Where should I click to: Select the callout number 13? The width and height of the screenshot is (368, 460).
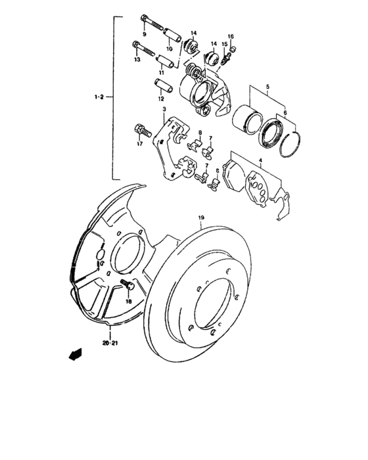click(x=137, y=60)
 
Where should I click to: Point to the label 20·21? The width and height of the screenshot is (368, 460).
click(x=109, y=342)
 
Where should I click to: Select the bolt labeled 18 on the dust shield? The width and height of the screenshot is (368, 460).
click(x=127, y=286)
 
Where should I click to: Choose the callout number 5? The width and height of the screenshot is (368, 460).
click(x=267, y=87)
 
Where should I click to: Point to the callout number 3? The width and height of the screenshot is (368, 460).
click(x=164, y=109)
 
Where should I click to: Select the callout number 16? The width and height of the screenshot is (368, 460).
click(x=231, y=36)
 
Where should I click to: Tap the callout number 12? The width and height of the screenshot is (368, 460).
click(x=160, y=98)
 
